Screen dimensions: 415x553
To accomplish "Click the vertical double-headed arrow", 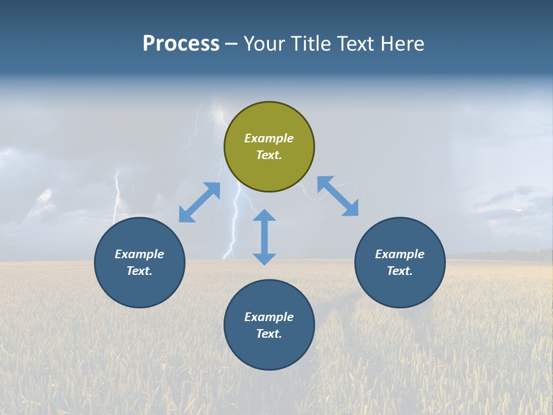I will (x=264, y=237).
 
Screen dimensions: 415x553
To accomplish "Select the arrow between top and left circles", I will (x=199, y=202).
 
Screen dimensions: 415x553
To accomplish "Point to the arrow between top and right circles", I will (x=338, y=196).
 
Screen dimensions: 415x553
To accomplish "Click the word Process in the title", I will (x=181, y=43).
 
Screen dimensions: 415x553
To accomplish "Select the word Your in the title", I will (x=265, y=43).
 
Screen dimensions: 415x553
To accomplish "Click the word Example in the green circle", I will (x=269, y=138).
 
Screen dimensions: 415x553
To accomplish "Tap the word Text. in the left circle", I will (x=139, y=271).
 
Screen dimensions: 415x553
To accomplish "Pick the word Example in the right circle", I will (x=400, y=254).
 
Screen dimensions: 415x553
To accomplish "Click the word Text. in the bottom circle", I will (x=269, y=334).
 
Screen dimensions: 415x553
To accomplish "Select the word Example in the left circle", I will (x=139, y=254).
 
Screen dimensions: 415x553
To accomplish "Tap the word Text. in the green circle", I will (x=269, y=155).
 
